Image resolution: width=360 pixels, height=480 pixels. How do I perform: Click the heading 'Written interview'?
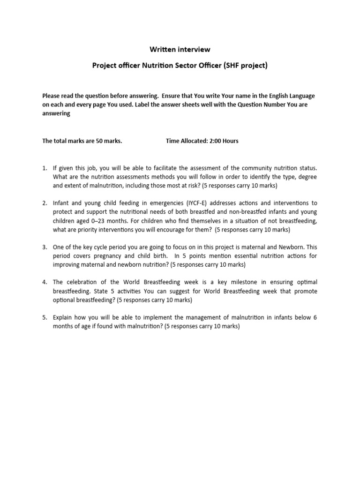(180, 49)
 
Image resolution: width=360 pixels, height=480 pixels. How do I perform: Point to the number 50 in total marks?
(99, 141)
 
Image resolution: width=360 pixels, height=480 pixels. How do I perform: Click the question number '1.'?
(45, 168)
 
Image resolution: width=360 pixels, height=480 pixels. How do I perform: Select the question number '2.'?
(45, 203)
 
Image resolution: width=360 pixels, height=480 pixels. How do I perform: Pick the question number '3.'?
(45, 247)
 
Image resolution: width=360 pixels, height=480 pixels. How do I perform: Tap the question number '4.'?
(45, 282)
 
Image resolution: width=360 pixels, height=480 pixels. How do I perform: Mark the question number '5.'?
(45, 317)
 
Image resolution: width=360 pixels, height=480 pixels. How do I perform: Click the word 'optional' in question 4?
(65, 300)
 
